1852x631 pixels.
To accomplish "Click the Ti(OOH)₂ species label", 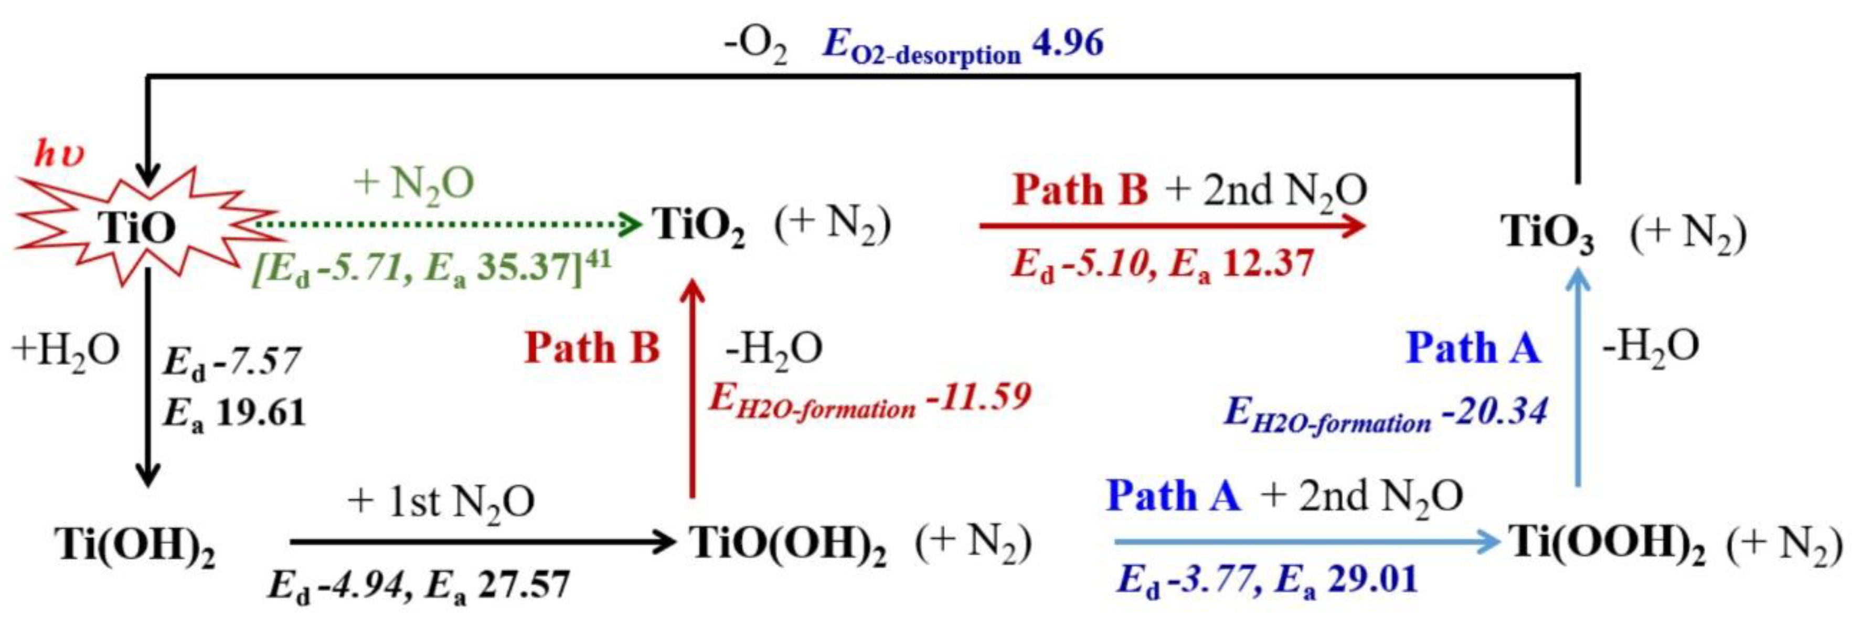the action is point(1607,544).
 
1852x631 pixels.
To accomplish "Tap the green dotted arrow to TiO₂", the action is point(446,226).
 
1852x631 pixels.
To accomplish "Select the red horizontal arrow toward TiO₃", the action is point(1172,226).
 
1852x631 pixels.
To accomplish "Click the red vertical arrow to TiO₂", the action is point(693,388).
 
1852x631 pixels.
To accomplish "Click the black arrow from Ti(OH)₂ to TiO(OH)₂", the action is point(482,542).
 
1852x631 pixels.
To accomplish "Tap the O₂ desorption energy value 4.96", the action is point(1068,45).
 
